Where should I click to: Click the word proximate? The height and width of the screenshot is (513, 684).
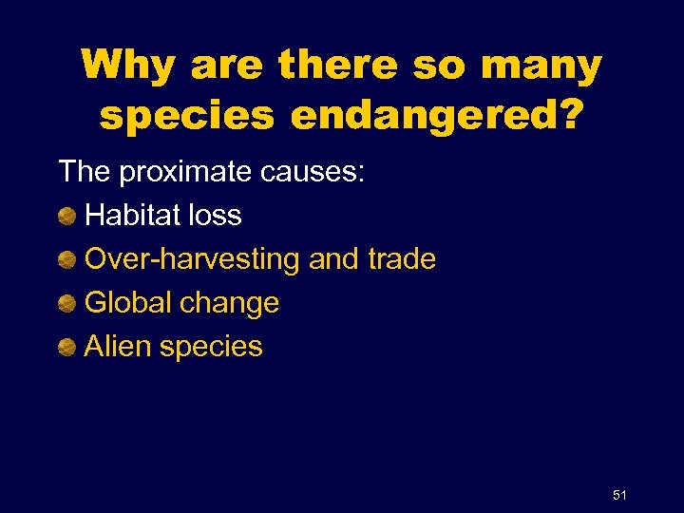(181, 173)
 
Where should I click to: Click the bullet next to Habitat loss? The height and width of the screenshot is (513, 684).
(66, 216)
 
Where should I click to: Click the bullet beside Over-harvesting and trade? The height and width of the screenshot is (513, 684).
(66, 259)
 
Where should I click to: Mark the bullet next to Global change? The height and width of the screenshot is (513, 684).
(66, 303)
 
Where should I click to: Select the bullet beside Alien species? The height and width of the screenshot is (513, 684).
(66, 347)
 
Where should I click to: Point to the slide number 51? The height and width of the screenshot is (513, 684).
(620, 494)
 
